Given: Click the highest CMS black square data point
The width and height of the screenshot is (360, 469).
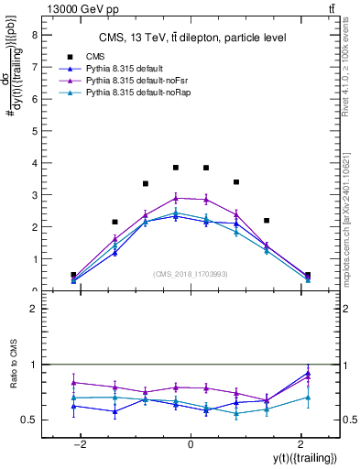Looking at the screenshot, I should click(176, 168).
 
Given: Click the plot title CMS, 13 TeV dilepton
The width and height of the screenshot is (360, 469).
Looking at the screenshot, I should click(192, 38).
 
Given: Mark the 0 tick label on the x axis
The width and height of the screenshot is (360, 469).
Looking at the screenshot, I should click(191, 443).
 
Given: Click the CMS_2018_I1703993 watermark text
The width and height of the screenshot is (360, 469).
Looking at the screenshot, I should click(191, 274).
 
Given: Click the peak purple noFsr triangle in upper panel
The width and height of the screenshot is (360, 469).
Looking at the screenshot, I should click(176, 197).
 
